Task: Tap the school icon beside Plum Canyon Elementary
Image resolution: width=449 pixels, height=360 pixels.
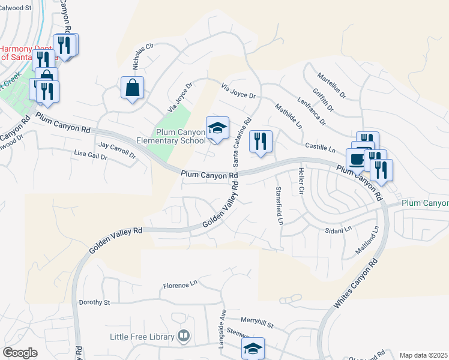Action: [217, 128]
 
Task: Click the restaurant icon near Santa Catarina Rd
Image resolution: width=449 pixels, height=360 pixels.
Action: [261, 142]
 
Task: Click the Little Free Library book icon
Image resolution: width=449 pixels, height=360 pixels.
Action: [184, 336]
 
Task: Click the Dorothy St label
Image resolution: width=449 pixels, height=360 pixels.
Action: [95, 302]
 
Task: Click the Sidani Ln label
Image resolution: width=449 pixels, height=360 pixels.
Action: [337, 230]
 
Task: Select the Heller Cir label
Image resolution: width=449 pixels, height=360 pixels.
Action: [300, 181]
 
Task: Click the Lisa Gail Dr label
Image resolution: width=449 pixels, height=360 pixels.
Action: [91, 156]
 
